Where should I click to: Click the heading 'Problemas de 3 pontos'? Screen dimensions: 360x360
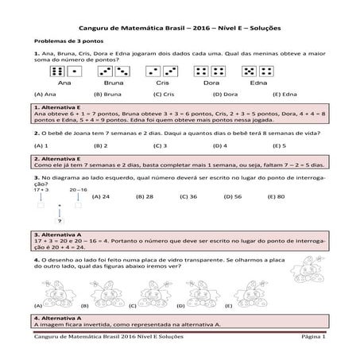pos(64,39)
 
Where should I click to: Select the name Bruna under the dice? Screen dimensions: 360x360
pos(112,83)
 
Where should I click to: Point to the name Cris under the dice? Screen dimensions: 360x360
pos(162,83)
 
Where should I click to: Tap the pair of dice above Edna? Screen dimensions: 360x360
pos(257,72)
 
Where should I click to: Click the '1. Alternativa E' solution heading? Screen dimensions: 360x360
pos(59,106)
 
